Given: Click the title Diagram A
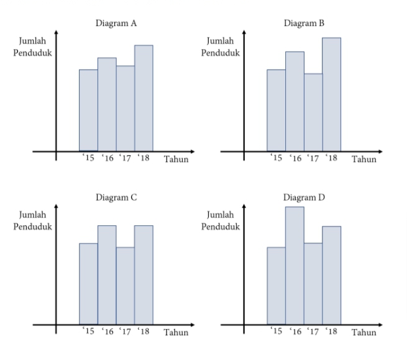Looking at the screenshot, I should pyautogui.click(x=116, y=24).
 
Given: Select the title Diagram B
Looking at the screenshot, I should pyautogui.click(x=303, y=24).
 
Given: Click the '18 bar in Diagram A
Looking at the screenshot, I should pyautogui.click(x=144, y=98).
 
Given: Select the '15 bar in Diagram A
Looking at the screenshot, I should pyautogui.click(x=88, y=110).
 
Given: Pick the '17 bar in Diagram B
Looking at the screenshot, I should pyautogui.click(x=313, y=112).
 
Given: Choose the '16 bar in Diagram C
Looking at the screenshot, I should pyautogui.click(x=107, y=274).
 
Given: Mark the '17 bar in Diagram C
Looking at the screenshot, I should pyautogui.click(x=125, y=286).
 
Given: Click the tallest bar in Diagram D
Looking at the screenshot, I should pyautogui.click(x=295, y=265).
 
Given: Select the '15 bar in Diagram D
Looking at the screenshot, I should pyautogui.click(x=276, y=286).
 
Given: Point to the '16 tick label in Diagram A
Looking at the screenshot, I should pyautogui.click(x=106, y=158).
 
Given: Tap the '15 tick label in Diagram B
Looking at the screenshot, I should pyautogui.click(x=275, y=158).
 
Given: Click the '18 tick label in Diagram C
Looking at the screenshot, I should pyautogui.click(x=143, y=331).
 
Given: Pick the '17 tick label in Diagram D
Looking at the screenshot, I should pyautogui.click(x=313, y=331).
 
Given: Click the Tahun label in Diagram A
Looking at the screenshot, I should pyautogui.click(x=176, y=160).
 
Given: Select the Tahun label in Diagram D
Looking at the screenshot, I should pyautogui.click(x=364, y=333).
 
